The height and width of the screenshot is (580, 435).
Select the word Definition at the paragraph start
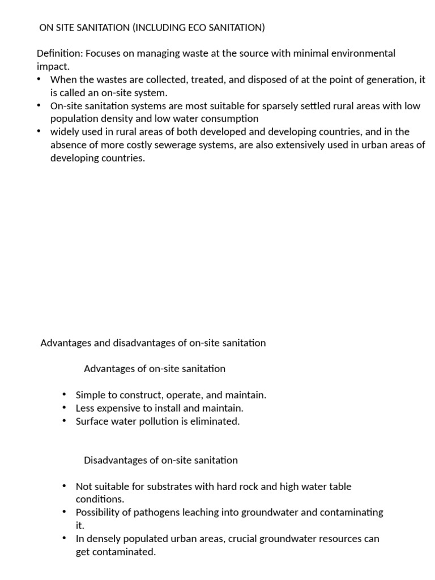point(58,53)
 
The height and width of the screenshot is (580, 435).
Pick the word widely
point(65,132)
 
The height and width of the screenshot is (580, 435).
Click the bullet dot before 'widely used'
point(38,131)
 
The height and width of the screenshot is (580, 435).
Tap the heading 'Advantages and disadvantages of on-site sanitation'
point(153,343)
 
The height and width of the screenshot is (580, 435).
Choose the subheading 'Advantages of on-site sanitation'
point(155,369)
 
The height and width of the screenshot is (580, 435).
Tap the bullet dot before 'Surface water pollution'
point(64,420)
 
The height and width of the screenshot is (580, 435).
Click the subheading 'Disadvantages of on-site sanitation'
point(161,460)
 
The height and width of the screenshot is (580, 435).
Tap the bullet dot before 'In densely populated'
point(64,538)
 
